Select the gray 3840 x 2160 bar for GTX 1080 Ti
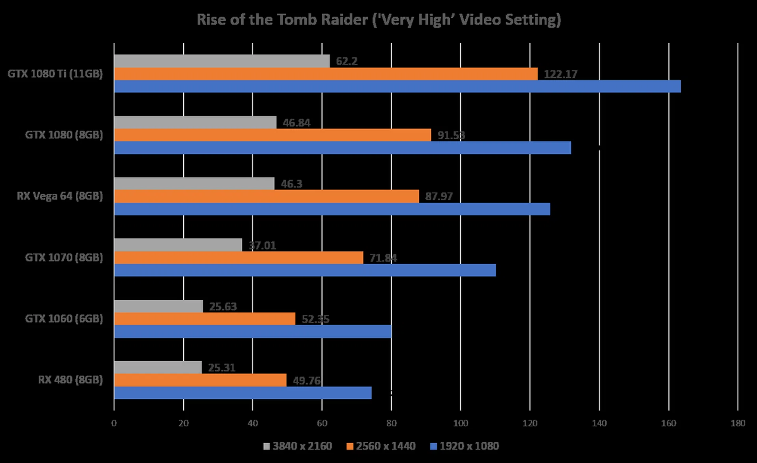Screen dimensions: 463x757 pos(222,61)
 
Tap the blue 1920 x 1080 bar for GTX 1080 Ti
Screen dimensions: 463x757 pos(397,86)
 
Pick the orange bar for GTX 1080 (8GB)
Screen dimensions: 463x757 pos(272,135)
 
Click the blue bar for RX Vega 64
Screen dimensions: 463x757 pos(332,209)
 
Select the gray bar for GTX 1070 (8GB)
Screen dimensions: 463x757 pos(178,245)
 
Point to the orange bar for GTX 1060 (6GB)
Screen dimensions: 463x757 pos(205,319)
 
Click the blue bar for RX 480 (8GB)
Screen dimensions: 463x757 pos(243,393)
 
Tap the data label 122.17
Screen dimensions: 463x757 pos(560,74)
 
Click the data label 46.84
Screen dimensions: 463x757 pos(296,123)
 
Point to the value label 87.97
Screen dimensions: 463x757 pos(438,196)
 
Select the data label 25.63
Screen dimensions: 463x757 pos(223,306)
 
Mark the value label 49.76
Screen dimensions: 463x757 pos(306,381)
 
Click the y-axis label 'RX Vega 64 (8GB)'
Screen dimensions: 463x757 pos(60,196)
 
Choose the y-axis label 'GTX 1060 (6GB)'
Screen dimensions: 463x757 pos(64,319)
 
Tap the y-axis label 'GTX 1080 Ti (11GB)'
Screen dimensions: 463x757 pos(55,74)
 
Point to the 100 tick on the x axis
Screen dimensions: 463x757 pos(461,424)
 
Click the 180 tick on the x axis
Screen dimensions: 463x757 pos(738,424)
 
